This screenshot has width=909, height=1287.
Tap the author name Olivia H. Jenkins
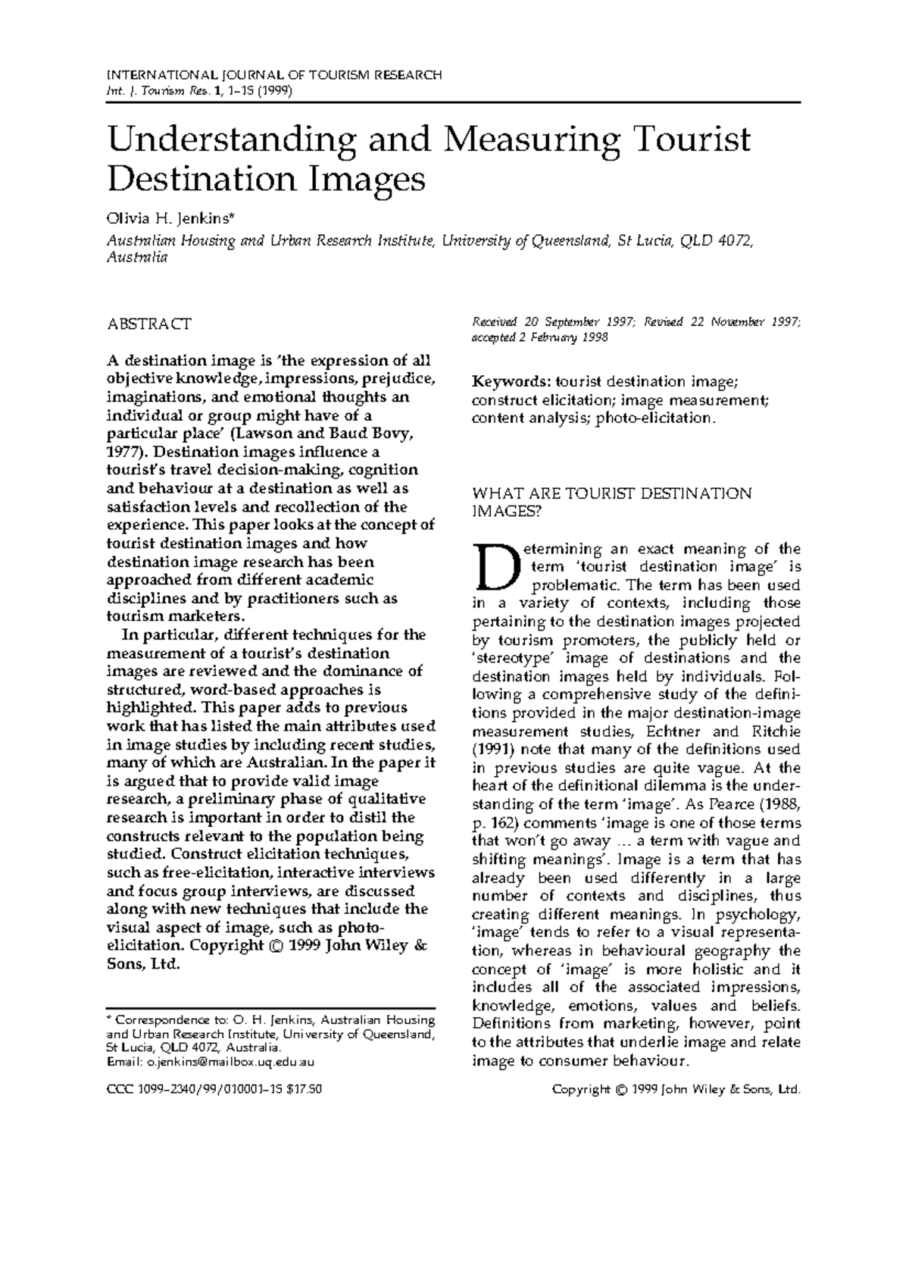click(x=172, y=221)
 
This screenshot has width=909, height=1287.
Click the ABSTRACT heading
click(x=149, y=324)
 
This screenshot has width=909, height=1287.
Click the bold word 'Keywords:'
click(x=511, y=381)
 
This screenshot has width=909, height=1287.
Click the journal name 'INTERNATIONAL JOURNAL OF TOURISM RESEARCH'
click(x=273, y=75)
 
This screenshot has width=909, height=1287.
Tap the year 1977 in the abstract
click(x=122, y=452)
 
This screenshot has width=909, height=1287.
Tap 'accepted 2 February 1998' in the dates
click(x=540, y=337)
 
